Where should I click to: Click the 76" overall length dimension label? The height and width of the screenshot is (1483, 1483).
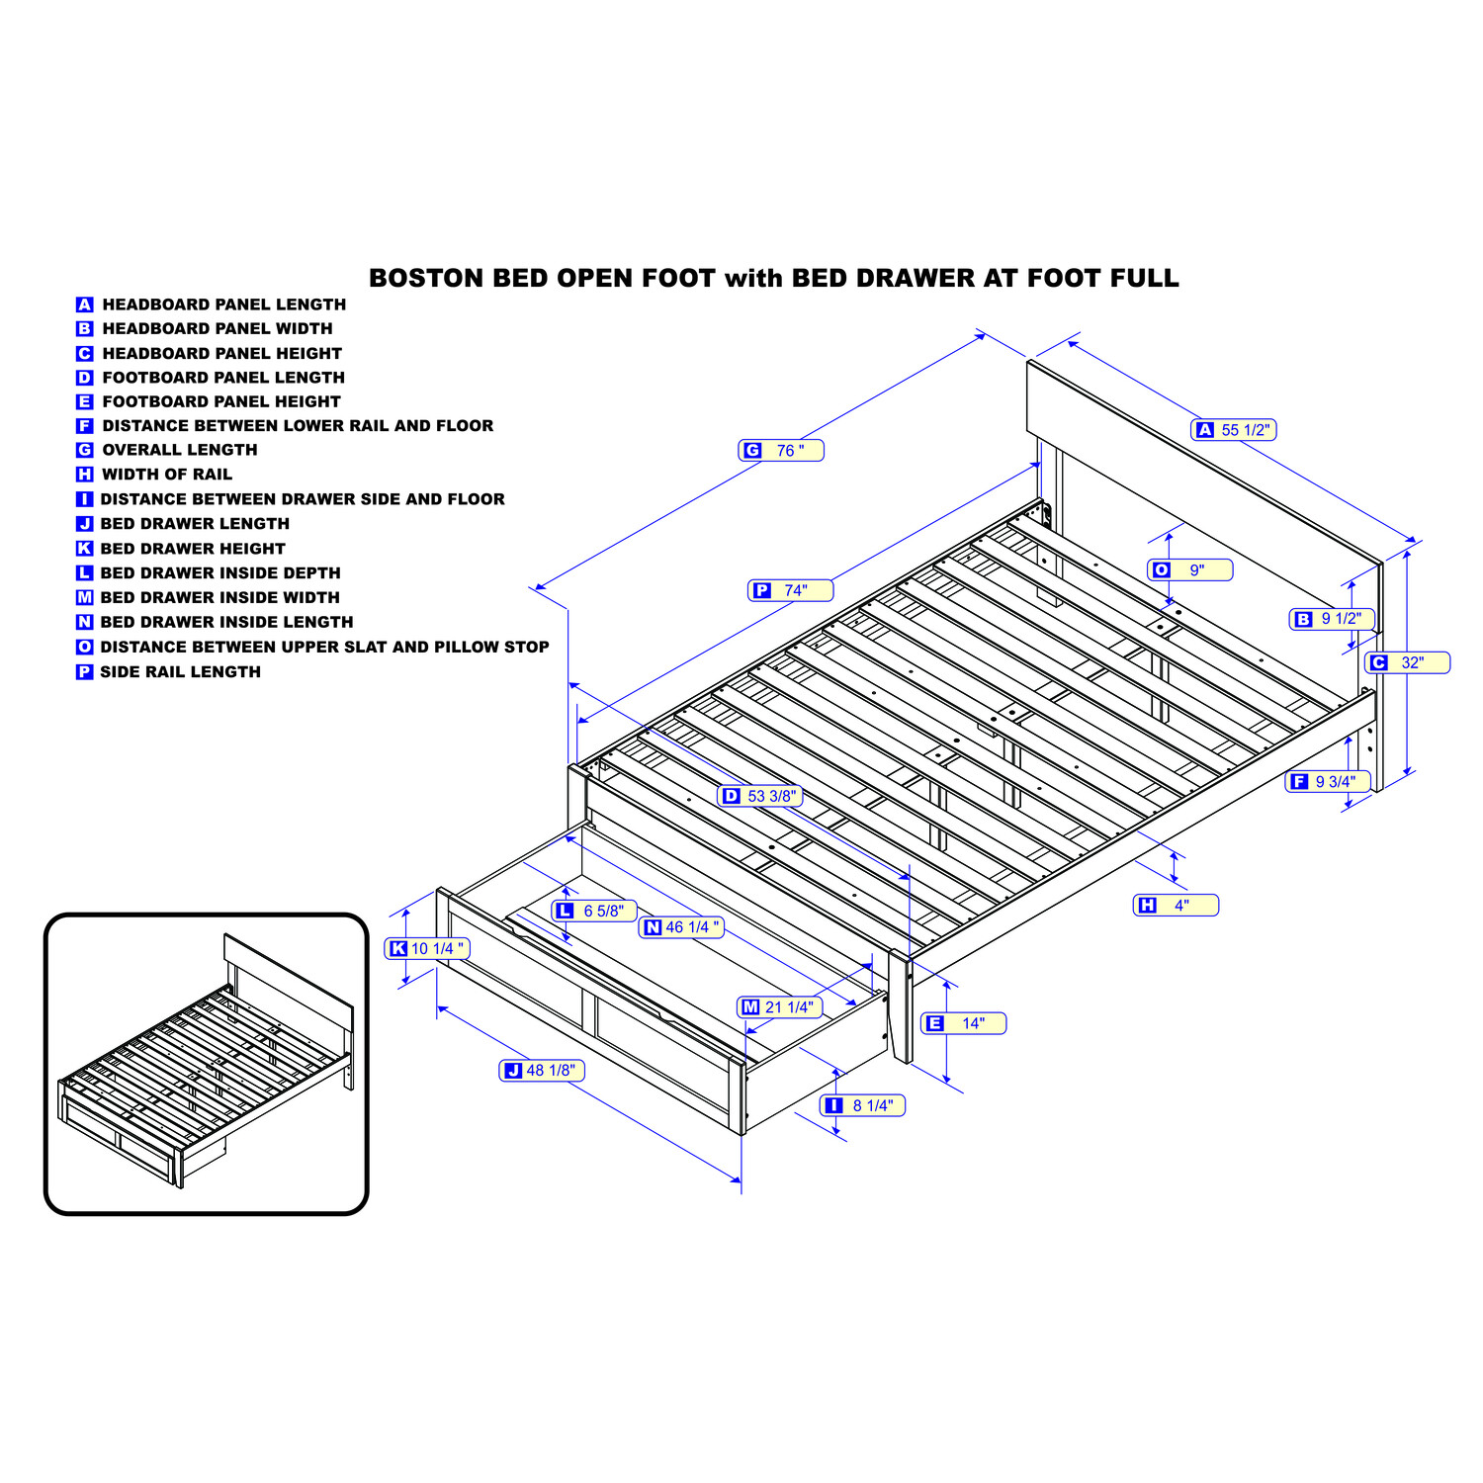781,451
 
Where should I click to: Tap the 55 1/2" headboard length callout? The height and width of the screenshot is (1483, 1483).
1234,430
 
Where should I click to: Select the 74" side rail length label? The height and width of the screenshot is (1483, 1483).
790,590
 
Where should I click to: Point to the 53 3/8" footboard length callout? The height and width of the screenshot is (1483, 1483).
760,796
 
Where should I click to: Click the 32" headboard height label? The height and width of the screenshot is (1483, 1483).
1408,662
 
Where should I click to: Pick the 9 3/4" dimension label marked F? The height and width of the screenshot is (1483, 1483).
1328,782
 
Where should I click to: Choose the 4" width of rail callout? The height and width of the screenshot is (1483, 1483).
1176,905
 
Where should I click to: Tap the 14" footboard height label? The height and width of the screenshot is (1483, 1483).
964,1023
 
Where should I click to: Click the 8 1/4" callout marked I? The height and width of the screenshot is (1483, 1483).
863,1105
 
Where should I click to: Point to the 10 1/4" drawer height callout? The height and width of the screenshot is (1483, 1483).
427,948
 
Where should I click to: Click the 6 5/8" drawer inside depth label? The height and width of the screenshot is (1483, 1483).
594,911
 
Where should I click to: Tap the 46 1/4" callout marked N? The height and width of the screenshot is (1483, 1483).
683,927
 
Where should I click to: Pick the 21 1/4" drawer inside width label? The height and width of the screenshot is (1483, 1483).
780,1006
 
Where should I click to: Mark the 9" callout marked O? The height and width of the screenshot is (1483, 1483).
1190,569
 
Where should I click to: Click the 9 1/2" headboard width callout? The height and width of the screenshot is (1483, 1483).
1333,619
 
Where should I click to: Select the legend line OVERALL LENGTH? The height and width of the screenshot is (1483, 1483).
180,450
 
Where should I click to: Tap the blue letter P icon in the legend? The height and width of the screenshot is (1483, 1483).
85,672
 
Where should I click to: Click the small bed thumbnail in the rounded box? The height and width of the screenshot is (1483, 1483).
207,1064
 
